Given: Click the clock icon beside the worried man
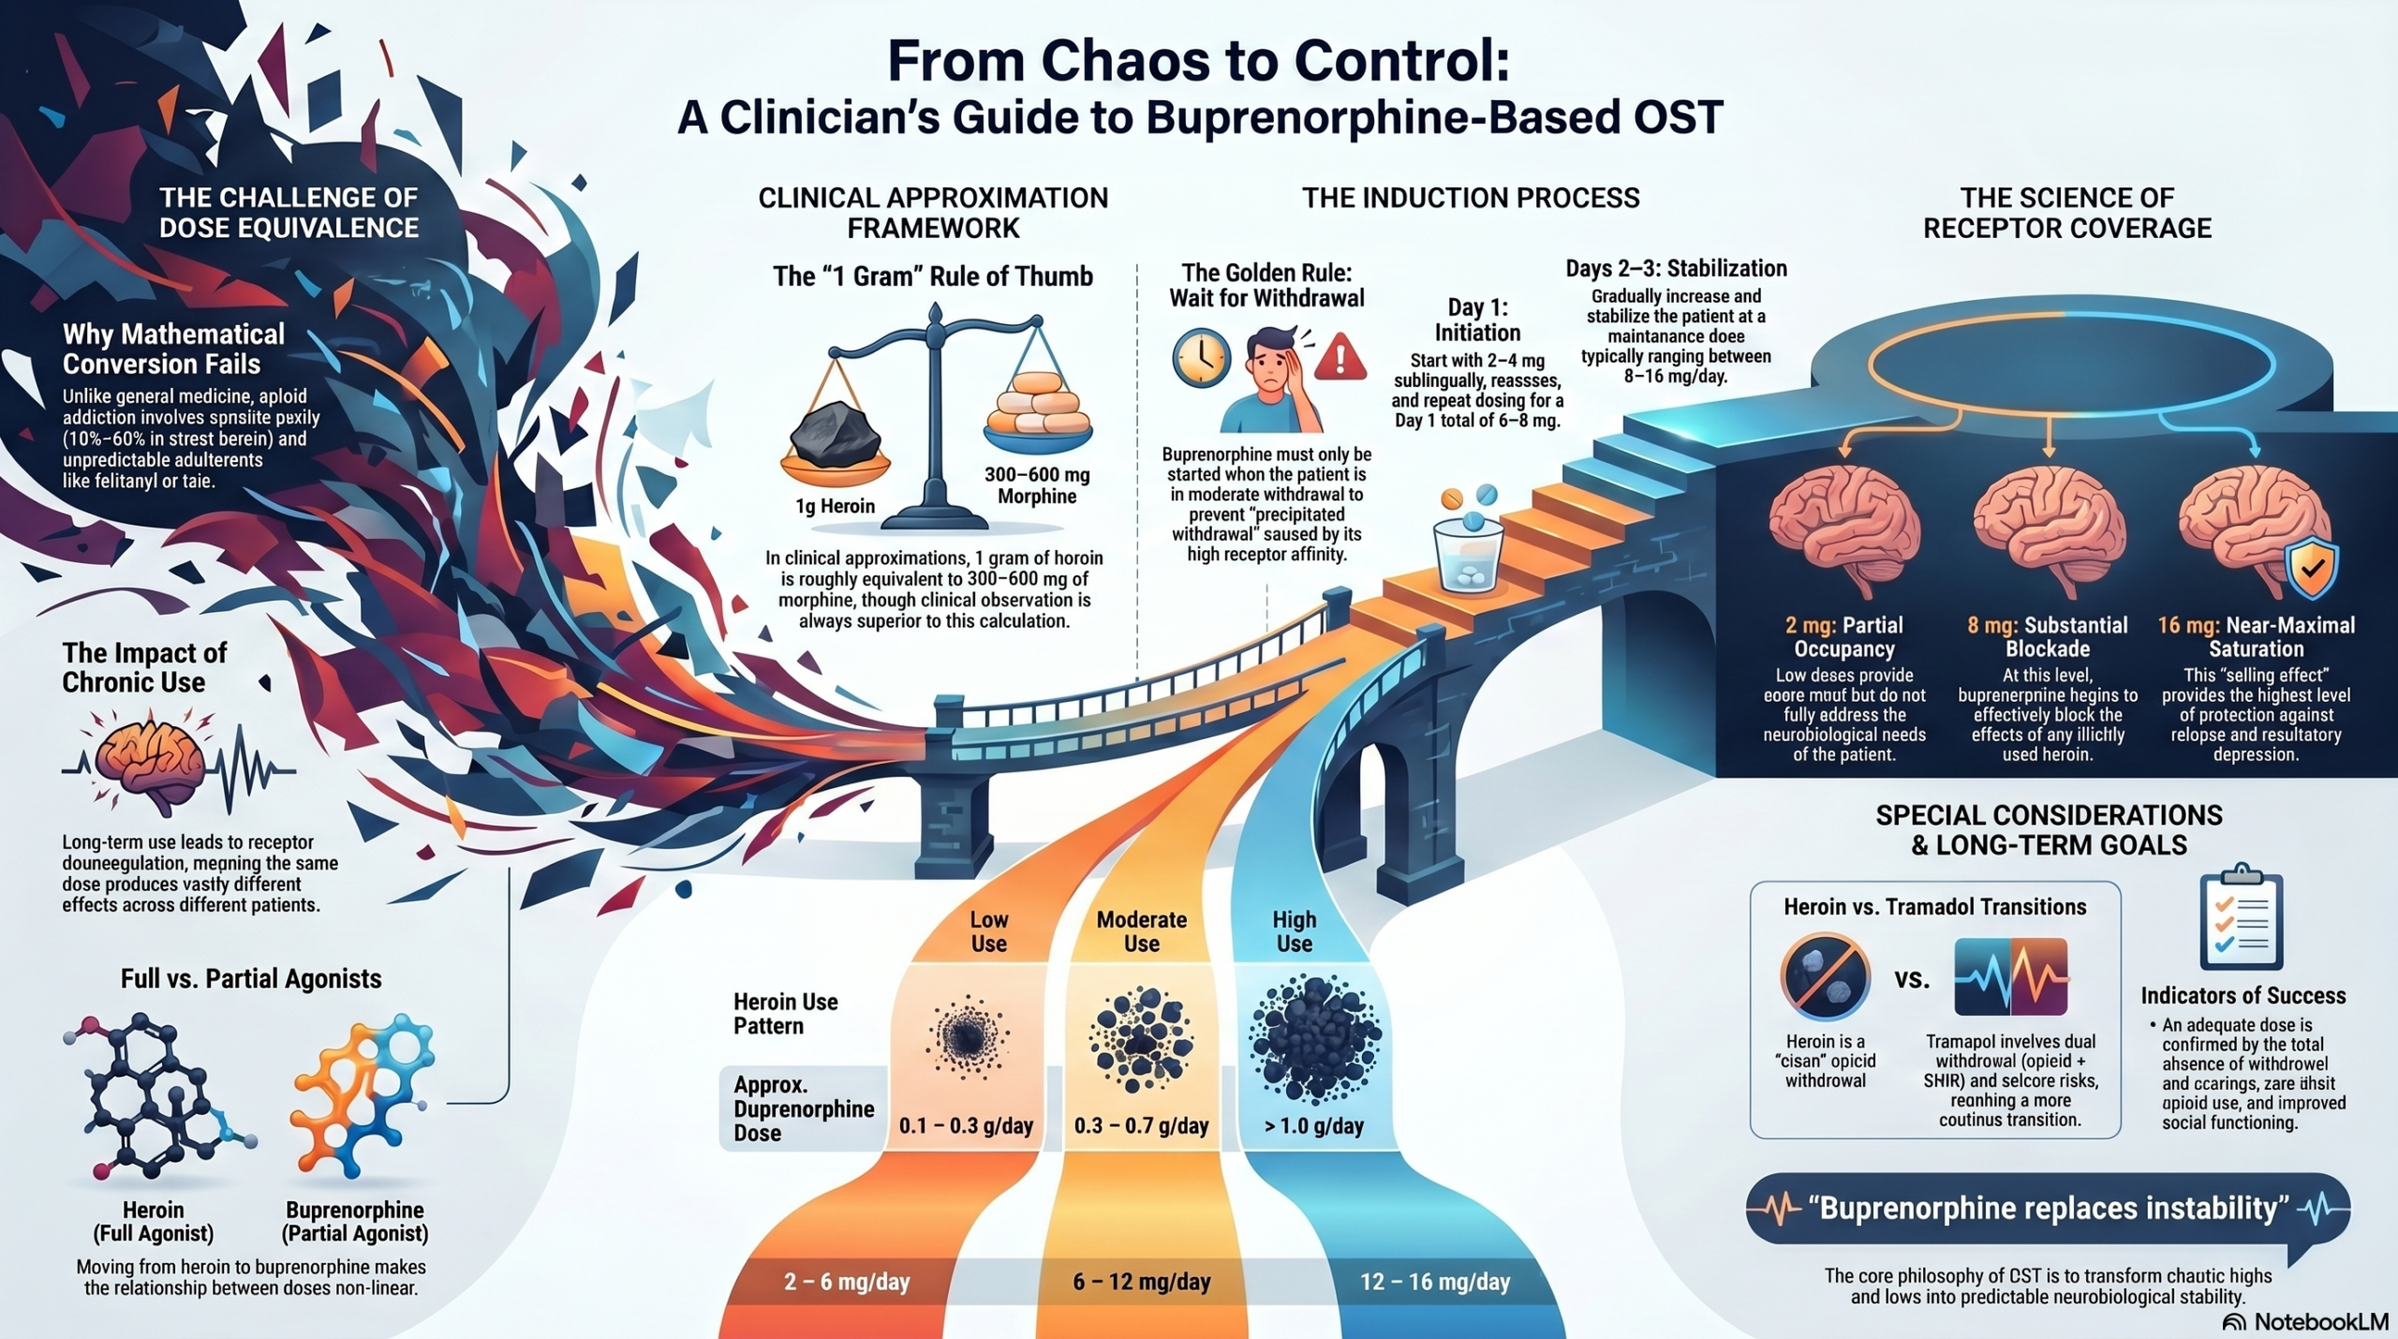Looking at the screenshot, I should tap(1201, 358).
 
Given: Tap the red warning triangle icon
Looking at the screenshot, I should tap(1340, 357).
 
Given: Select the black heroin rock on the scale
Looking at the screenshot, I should tap(835, 433).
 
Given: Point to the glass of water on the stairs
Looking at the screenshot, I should tap(1468, 553).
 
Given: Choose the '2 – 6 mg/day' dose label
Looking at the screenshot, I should tap(847, 1281).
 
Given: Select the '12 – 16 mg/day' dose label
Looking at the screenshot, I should tap(1435, 1281).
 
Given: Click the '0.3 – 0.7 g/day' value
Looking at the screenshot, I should tap(1141, 1125).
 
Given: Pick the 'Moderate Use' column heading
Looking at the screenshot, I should tap(1141, 931).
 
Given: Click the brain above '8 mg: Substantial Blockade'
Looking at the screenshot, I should tap(2049, 529).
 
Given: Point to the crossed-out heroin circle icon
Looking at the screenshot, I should tap(1825, 976).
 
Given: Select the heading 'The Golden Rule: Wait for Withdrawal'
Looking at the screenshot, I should tap(1266, 285).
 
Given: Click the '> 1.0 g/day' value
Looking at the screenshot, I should tap(1313, 1125).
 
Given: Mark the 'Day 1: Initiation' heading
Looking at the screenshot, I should tap(1477, 320).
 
